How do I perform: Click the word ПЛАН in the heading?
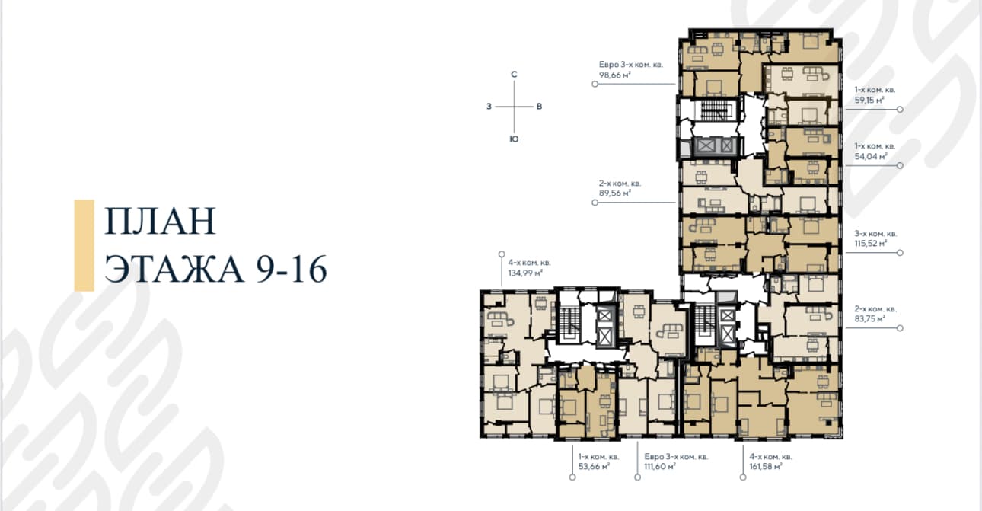coord(160,221)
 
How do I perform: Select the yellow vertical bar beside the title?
coord(84,246)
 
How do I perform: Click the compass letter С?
coord(515,75)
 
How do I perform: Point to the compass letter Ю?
coord(515,139)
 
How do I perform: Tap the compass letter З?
coord(489,107)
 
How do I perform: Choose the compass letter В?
coord(540,107)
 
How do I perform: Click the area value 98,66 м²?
coord(614,75)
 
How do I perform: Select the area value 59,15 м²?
coord(869,100)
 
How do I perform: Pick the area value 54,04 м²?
coord(871,156)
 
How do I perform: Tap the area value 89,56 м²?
coord(615,193)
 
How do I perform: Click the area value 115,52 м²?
coord(871,243)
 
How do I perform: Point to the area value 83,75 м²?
coord(870,319)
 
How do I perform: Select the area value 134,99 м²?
coord(525,273)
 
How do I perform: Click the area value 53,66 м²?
coord(594,466)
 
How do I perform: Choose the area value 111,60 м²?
coord(660,466)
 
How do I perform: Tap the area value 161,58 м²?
coord(766,466)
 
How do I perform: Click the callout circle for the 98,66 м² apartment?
coord(595,84)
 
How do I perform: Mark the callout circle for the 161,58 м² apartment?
coord(743,477)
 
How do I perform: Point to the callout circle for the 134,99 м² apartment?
coord(502,254)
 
